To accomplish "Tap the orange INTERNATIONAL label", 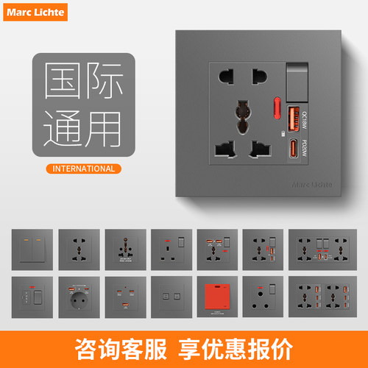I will (x=84, y=169).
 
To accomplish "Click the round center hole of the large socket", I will (x=241, y=113).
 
